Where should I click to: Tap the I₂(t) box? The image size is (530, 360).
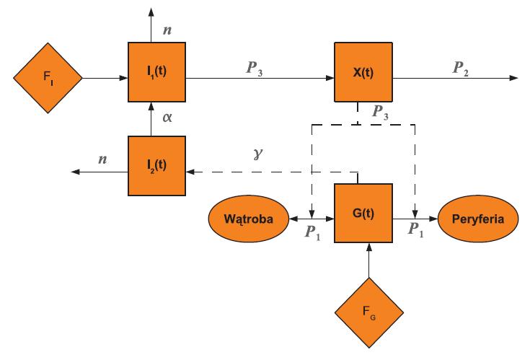pos(157,166)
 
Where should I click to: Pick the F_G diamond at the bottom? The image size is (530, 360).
pos(368,312)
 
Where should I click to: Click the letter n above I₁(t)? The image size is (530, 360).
pos(169,30)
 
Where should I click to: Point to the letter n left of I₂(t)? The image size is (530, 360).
pos(102,159)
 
